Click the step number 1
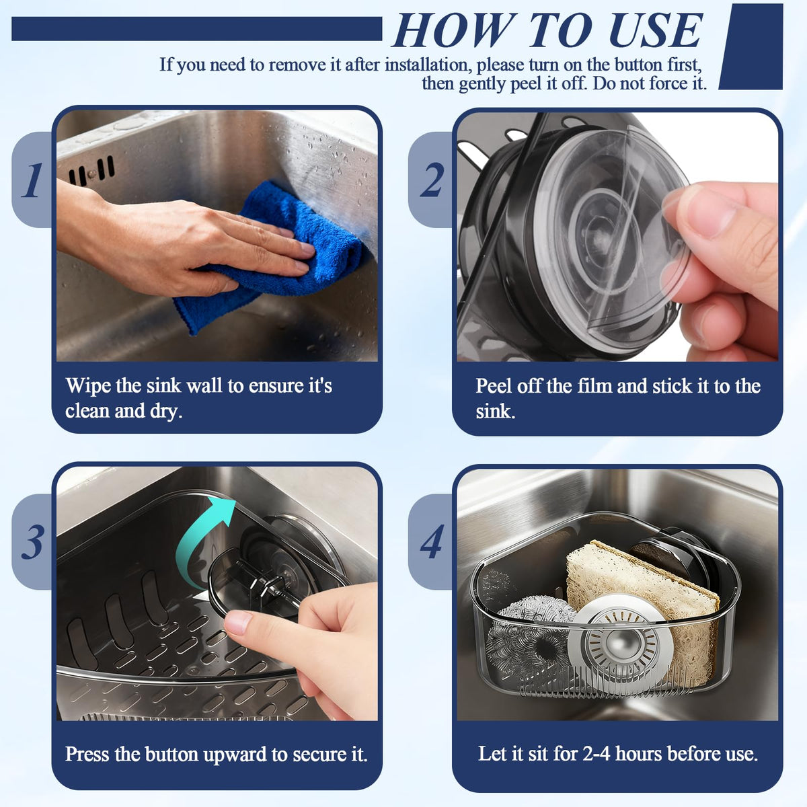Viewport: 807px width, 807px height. click(x=33, y=180)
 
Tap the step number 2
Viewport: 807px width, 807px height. click(x=432, y=180)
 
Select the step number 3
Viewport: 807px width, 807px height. click(x=33, y=542)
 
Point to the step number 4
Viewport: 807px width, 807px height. click(x=432, y=542)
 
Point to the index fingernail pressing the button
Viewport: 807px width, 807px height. click(x=237, y=622)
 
